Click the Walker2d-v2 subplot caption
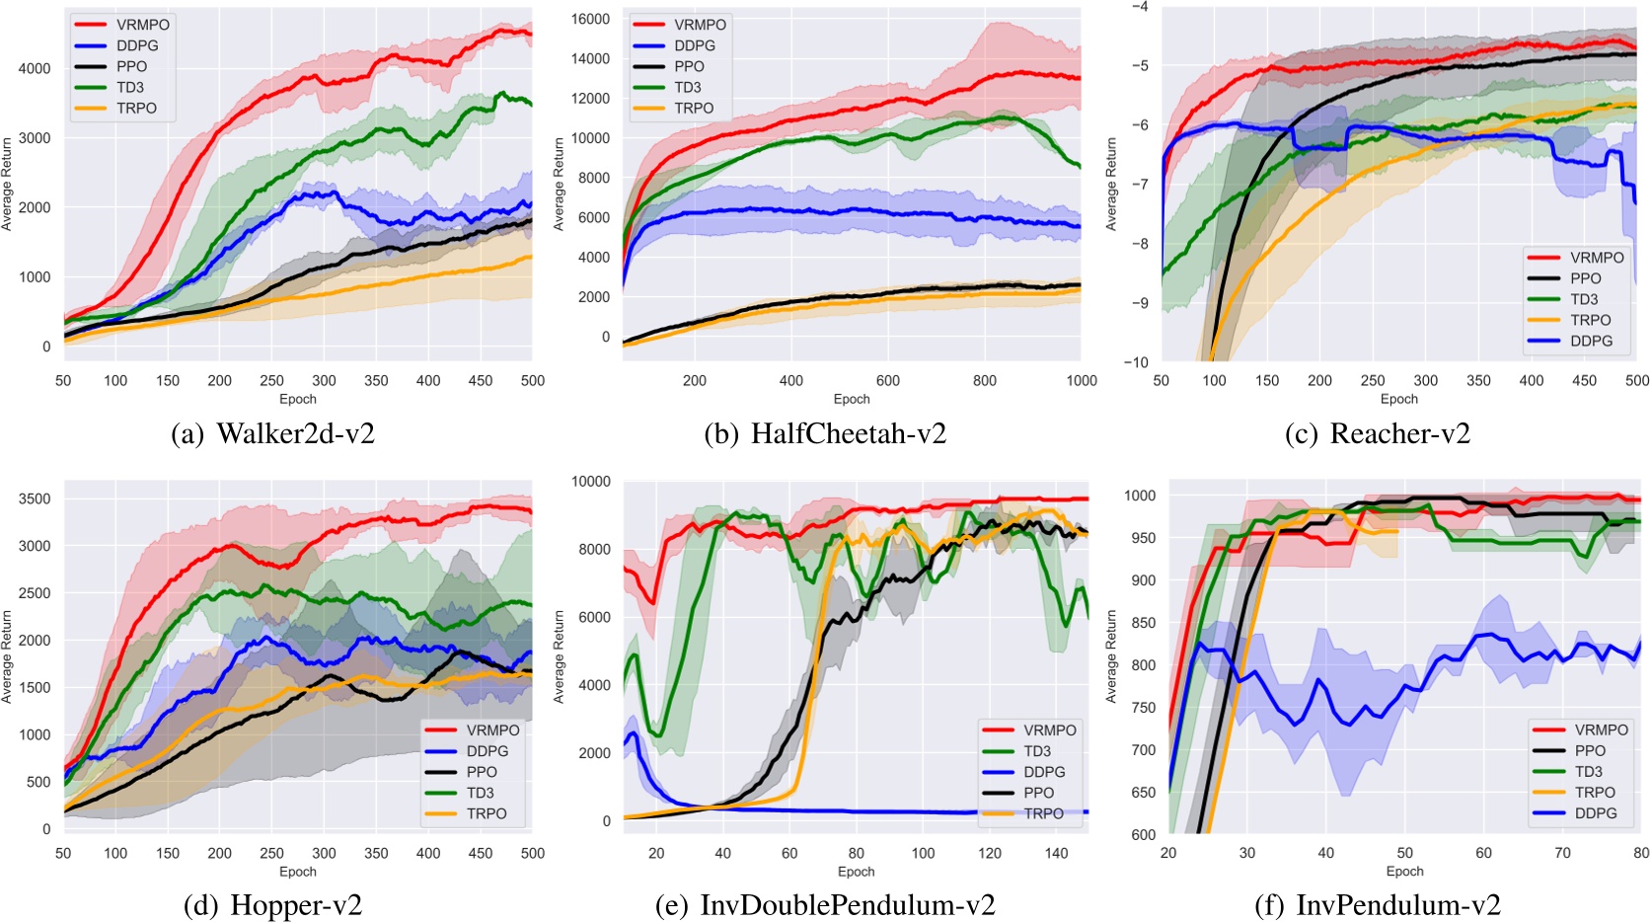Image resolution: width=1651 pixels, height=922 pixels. (273, 433)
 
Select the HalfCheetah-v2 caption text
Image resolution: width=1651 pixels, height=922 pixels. (825, 433)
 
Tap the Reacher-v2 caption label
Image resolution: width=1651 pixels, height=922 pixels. (1378, 433)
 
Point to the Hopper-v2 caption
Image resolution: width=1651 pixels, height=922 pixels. (273, 905)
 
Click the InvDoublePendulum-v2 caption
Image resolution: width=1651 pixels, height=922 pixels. (825, 905)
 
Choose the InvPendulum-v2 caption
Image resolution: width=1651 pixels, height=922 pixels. (1378, 905)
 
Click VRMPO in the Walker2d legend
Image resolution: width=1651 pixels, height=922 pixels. (143, 25)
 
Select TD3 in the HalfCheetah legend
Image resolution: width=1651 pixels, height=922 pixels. (688, 87)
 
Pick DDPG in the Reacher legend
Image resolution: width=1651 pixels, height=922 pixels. (1591, 341)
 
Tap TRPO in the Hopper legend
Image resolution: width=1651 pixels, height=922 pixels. (487, 813)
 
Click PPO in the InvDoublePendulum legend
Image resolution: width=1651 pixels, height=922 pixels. (1039, 793)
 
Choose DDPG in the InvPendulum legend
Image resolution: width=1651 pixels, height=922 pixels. (1596, 813)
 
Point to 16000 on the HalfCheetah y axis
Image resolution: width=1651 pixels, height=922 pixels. (591, 19)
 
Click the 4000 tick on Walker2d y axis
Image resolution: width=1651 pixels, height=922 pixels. (35, 69)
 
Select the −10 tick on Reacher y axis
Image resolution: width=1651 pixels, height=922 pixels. (1136, 362)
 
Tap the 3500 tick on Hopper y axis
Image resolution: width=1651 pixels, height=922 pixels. (35, 499)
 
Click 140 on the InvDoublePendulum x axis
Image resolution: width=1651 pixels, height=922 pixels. (1056, 853)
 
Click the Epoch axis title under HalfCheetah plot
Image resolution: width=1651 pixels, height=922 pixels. (852, 399)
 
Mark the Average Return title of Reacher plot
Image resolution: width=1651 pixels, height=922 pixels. (1111, 184)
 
